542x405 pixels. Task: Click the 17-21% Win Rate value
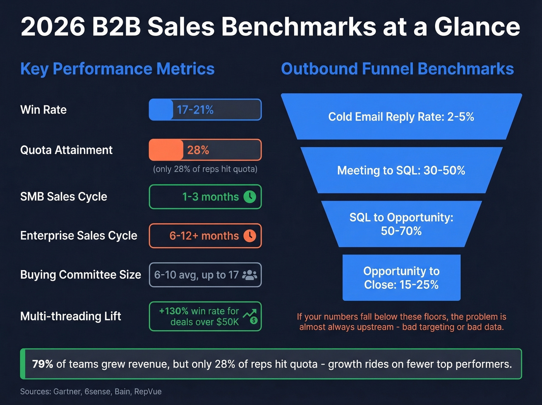point(195,110)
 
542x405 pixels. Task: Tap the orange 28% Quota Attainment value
point(198,150)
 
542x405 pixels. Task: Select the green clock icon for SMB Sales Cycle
point(250,197)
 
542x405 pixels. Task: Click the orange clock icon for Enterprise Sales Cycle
point(250,236)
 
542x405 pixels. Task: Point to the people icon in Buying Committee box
point(249,275)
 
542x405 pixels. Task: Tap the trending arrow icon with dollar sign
point(250,316)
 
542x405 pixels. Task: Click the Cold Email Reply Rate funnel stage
point(401,117)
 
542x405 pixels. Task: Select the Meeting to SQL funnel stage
point(401,171)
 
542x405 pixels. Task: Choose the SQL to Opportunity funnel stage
point(401,224)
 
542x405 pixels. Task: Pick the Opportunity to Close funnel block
point(401,278)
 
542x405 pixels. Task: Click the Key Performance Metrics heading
point(117,69)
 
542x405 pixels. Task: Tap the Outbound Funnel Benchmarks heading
point(397,69)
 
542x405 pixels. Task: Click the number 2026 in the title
point(53,27)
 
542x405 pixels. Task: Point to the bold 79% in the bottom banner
point(42,364)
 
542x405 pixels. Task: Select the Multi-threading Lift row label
point(70,316)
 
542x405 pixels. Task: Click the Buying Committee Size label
point(81,275)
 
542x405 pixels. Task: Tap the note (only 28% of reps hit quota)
point(205,169)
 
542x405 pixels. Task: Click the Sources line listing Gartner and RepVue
point(91,391)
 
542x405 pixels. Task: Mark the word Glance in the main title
point(477,27)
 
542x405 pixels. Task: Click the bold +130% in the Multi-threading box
point(173,311)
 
